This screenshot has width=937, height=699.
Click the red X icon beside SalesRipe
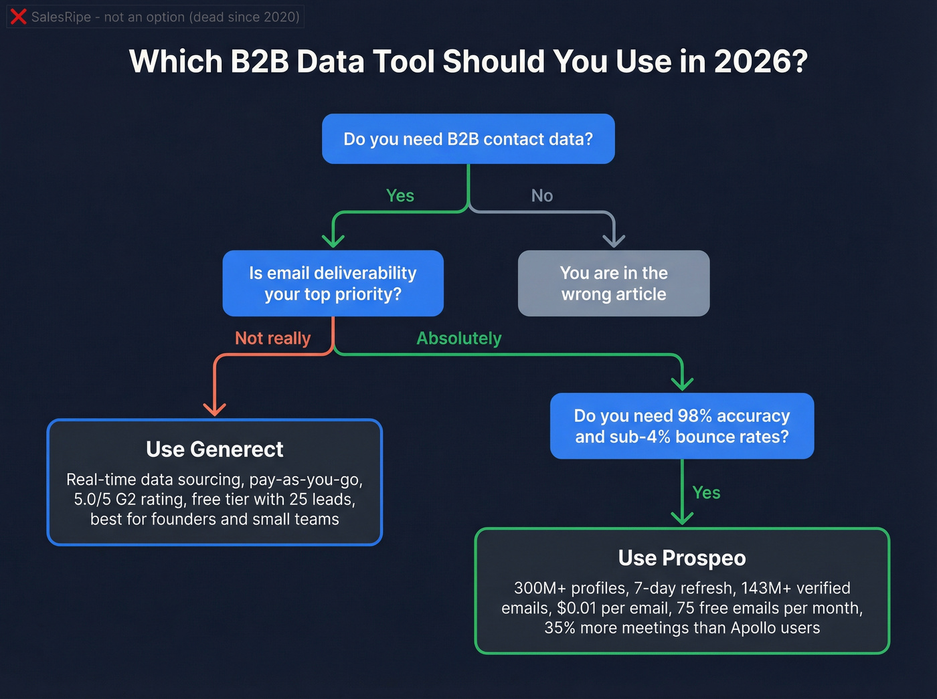(19, 17)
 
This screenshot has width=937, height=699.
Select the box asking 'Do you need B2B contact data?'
(468, 139)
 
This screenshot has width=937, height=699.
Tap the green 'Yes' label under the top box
(400, 196)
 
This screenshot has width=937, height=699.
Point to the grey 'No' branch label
(542, 196)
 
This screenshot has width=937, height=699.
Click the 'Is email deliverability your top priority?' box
(333, 284)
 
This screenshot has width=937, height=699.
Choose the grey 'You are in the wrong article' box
(614, 284)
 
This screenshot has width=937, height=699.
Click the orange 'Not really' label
(272, 338)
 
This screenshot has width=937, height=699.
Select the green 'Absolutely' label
(458, 338)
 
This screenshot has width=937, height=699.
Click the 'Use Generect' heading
(214, 450)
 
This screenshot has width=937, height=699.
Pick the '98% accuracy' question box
(682, 426)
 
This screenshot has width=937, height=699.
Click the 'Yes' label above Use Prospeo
(706, 493)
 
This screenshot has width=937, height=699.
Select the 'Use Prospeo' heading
(682, 558)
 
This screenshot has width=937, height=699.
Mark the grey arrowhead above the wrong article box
(614, 240)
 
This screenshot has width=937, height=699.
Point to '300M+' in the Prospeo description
(537, 588)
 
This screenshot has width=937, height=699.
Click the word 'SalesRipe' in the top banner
(61, 17)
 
